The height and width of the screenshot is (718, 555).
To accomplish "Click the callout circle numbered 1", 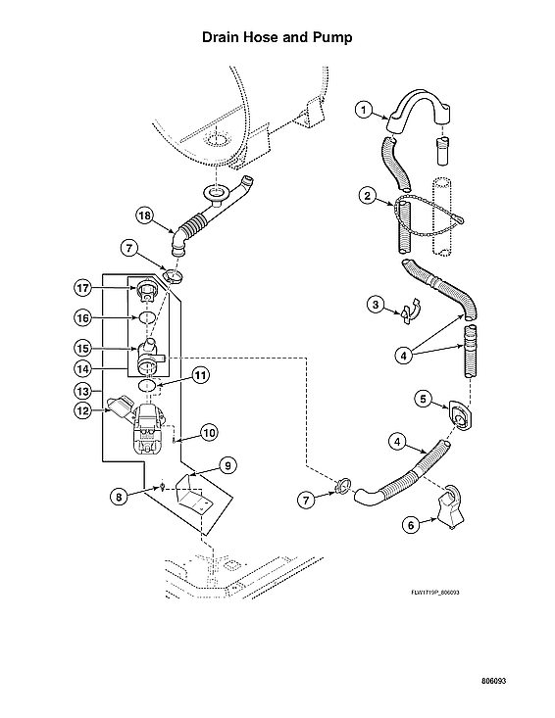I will point(362,111).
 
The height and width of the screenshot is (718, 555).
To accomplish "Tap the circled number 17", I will point(84,287).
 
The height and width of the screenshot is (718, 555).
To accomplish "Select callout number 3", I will point(375,305).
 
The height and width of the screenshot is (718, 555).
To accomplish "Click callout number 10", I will point(208,431).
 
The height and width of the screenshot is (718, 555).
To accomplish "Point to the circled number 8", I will point(118,496).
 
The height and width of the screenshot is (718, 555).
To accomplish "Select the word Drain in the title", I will point(221,38).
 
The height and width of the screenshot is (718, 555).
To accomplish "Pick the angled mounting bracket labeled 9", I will point(191,496).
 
